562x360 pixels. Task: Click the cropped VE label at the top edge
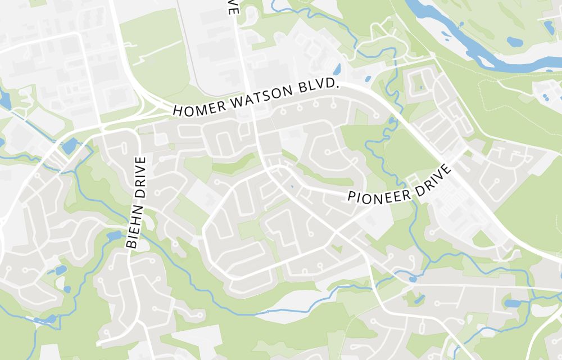[232, 7]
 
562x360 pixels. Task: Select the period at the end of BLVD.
[339, 83]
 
